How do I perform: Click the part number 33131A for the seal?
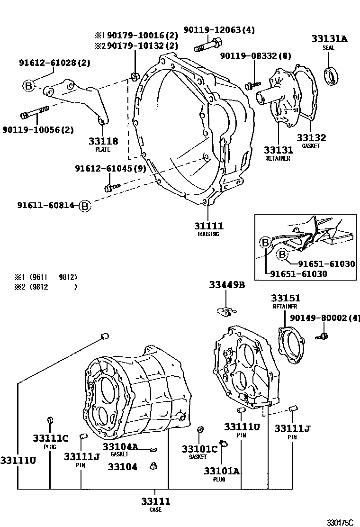329,39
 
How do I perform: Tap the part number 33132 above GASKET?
311,138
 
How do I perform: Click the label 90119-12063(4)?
219,30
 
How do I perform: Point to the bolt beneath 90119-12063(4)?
206,46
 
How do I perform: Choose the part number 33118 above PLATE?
103,141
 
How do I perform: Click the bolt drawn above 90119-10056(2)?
35,114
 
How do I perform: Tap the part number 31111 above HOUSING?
208,226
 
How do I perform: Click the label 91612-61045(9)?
110,169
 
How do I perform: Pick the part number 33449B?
227,285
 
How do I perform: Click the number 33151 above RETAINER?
285,298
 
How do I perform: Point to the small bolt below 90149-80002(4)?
324,337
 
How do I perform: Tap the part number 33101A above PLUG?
222,471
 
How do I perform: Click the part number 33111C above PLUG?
50,438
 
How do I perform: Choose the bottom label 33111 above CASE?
155,501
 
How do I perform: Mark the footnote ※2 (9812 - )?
45,286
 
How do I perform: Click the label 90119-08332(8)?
255,56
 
